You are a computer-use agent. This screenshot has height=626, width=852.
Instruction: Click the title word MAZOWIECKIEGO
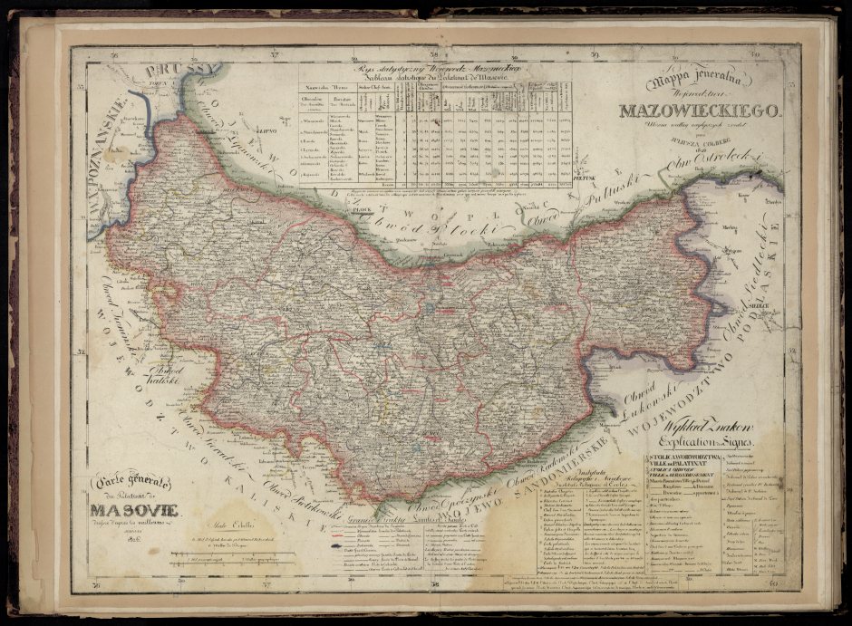pyautogui.click(x=699, y=111)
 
